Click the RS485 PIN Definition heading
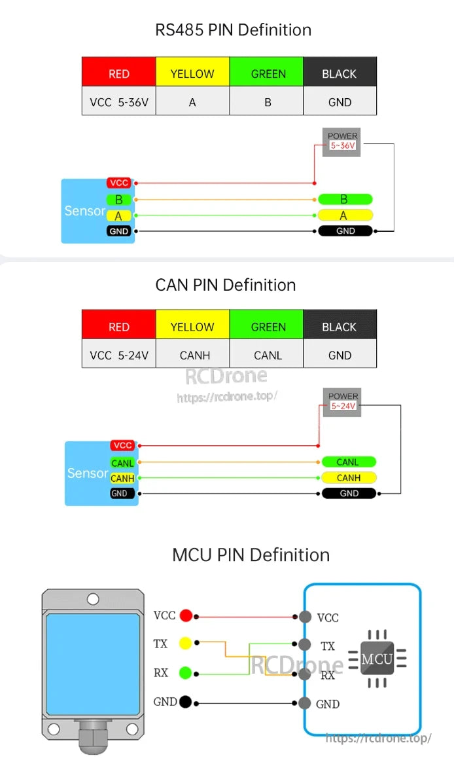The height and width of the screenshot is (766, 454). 233,30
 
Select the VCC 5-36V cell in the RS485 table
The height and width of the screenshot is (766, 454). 119,102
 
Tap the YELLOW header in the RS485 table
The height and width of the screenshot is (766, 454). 192,74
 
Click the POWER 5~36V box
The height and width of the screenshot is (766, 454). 342,141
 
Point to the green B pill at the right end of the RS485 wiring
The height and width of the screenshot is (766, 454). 345,199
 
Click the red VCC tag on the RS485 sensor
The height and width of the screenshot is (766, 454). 119,183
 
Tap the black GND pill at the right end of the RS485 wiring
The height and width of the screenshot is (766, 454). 345,230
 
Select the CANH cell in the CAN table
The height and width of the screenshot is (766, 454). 194,356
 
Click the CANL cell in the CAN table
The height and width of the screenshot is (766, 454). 268,356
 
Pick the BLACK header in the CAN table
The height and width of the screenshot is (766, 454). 340,327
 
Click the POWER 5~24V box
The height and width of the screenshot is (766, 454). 343,401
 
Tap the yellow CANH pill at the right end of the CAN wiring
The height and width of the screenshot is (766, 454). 349,478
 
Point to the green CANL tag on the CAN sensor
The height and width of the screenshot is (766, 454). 122,463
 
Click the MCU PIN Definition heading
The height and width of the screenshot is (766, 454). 251,555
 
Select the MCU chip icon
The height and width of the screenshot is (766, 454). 377,659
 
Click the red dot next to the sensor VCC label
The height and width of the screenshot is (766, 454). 186,615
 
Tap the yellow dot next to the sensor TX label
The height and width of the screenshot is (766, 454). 186,644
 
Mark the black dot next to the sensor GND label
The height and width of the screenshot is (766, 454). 186,702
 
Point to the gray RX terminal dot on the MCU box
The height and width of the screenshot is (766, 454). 305,674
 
